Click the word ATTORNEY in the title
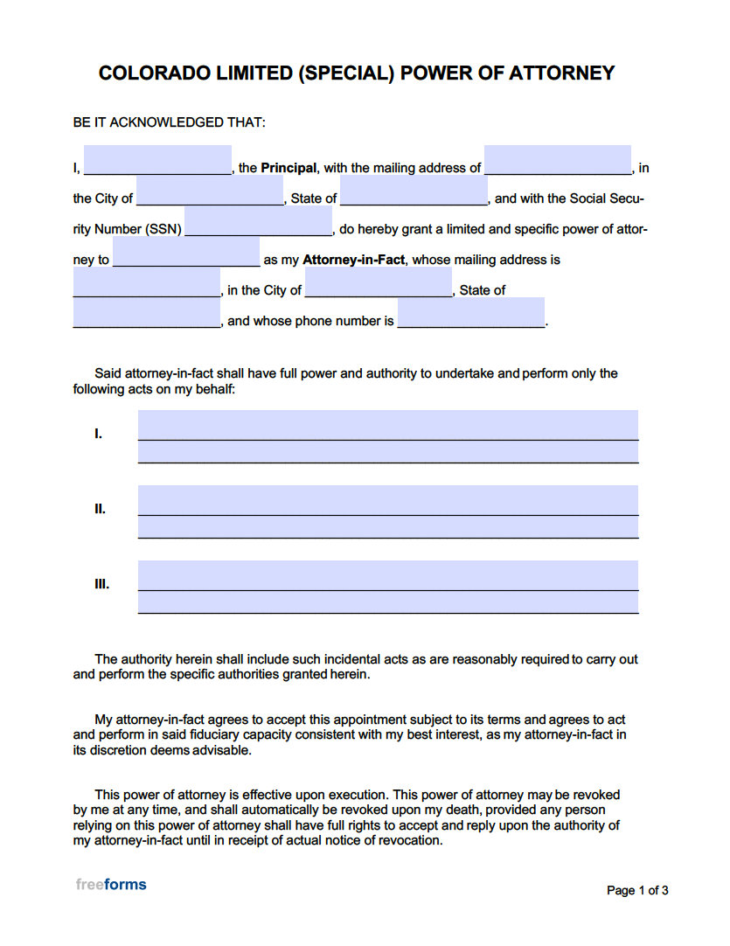point(564,73)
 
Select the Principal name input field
point(157,162)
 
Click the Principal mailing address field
point(558,162)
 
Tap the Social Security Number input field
point(258,222)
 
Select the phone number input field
point(471,313)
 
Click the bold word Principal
point(289,168)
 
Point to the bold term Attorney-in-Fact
point(353,260)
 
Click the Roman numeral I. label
point(99,434)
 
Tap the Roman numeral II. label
point(101,509)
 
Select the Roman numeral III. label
point(102,584)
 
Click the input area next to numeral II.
point(388,511)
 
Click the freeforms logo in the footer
point(111,885)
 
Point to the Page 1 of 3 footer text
point(637,891)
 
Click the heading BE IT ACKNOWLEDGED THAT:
point(169,122)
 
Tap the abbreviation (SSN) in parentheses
point(163,229)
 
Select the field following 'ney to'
point(186,253)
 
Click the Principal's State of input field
point(414,191)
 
